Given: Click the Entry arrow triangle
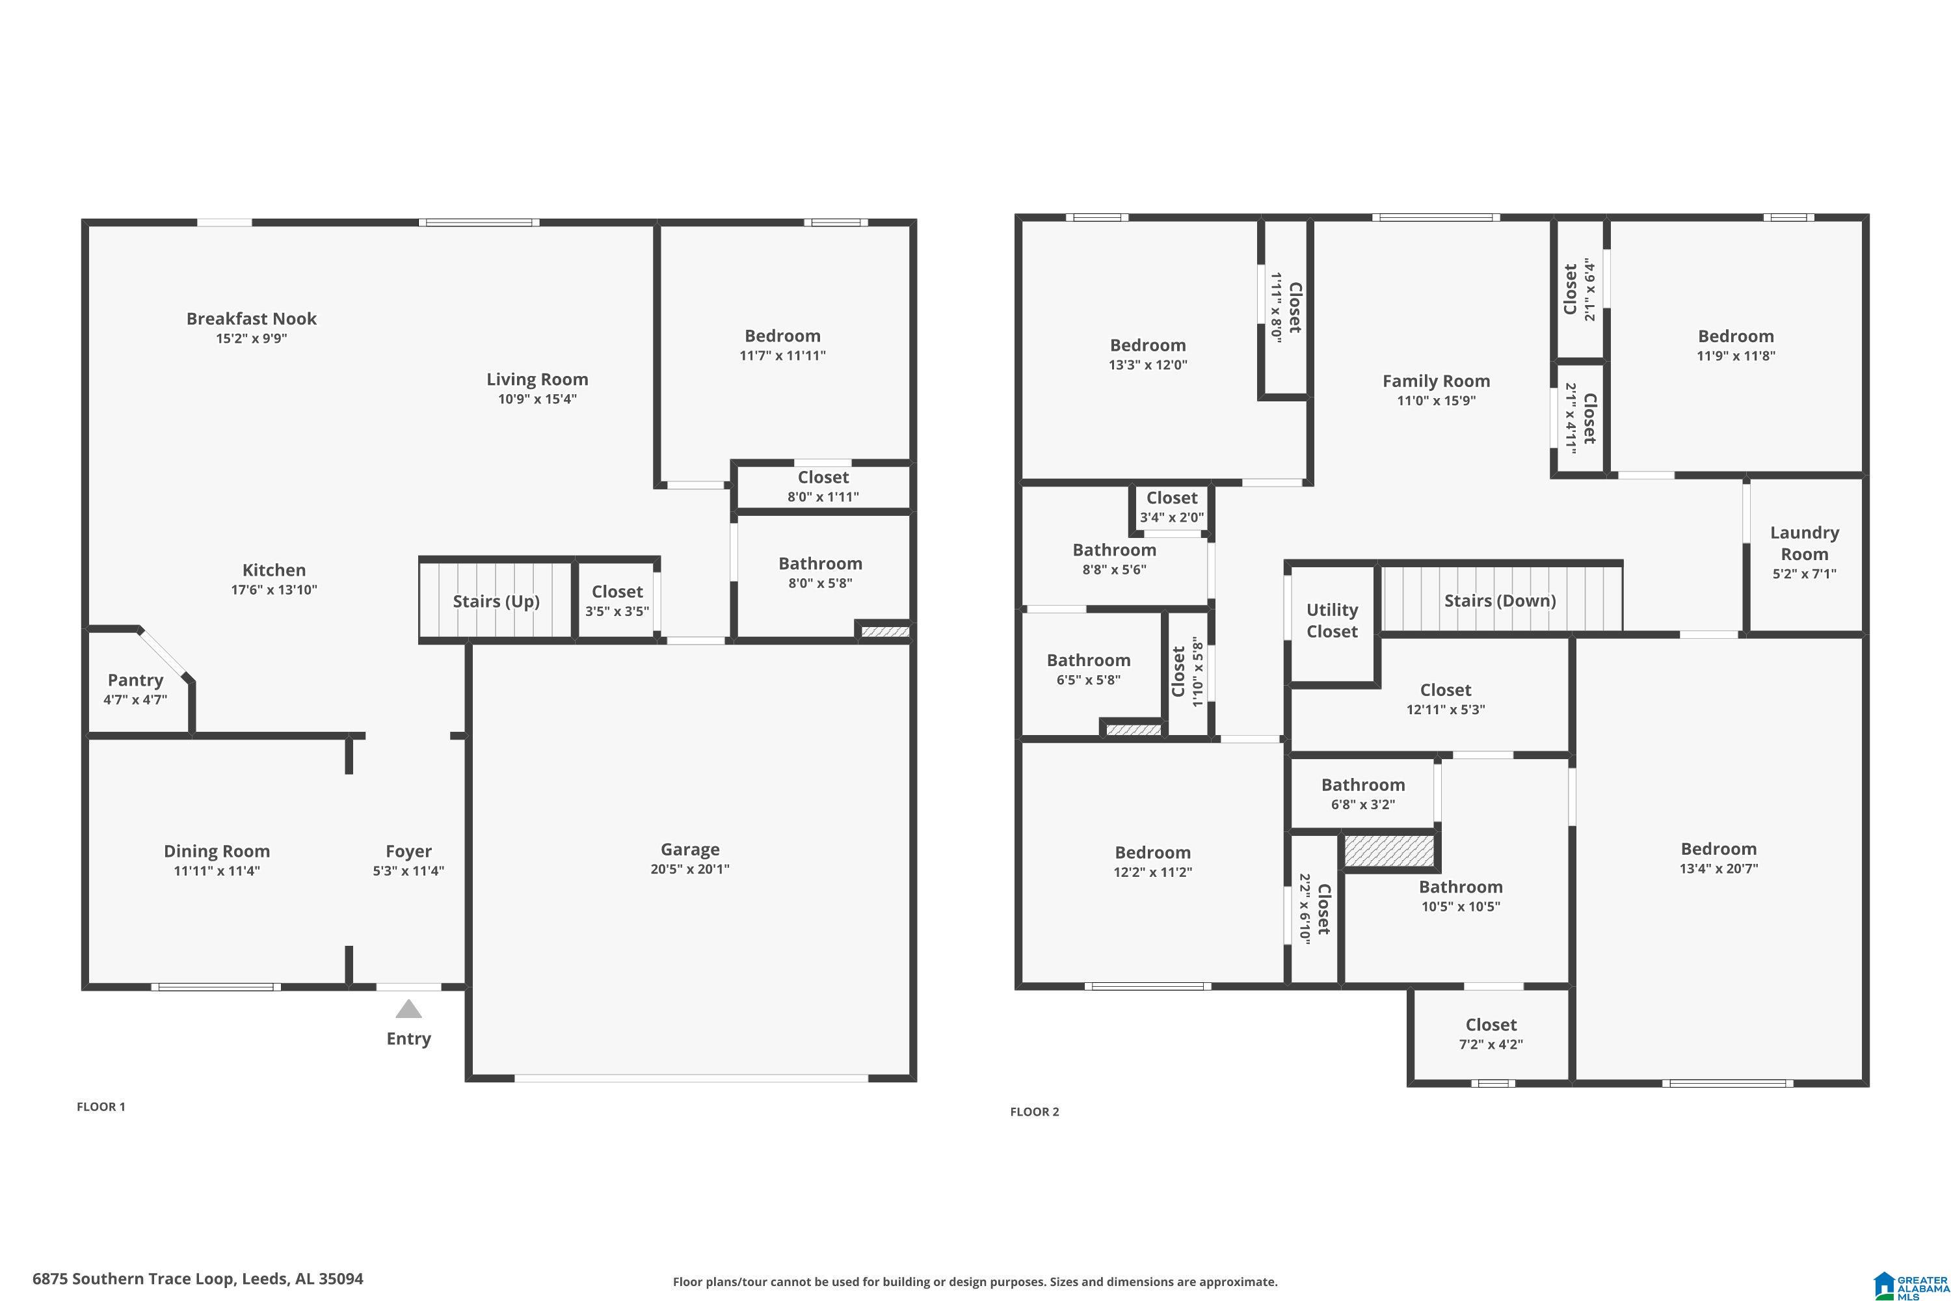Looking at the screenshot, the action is pos(408,1009).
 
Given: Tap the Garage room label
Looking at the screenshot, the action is pos(690,849).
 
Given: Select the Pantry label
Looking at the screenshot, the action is pos(135,680).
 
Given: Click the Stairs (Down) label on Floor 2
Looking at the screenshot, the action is pos(1500,600).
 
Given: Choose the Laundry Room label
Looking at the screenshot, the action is pos(1804,543).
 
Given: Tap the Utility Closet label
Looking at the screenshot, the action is pos(1332,620).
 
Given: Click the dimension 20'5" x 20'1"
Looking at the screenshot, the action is pos(690,868).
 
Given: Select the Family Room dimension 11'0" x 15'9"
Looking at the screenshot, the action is pos(1436,401).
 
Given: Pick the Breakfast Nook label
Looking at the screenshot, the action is pos(251,319).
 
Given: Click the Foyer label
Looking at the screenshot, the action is pos(408,852).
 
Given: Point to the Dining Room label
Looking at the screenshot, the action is pos(217,852).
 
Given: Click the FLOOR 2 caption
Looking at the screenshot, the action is pos(1035,1112).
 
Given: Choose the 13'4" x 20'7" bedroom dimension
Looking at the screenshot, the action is pos(1719,868).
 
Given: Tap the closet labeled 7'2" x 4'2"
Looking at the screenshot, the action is pos(1491,1033).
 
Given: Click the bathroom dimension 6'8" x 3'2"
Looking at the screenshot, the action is pos(1363,804).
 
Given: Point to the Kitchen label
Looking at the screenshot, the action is pos(274,570).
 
